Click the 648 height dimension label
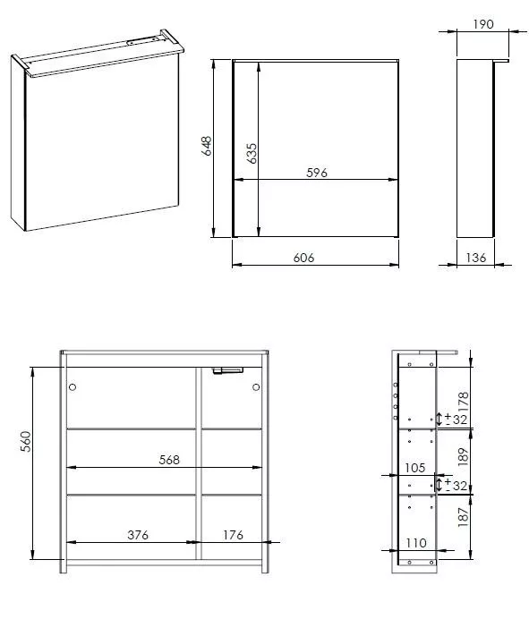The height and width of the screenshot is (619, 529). coord(207,146)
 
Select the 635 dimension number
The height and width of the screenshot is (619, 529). coord(252,153)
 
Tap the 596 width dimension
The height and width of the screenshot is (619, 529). coord(317,173)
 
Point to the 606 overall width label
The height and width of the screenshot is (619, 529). coord(303,258)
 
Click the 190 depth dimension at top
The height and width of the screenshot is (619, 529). coord(483,24)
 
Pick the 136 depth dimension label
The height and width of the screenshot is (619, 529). coord(475,258)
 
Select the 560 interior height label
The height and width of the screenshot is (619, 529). coord(25,441)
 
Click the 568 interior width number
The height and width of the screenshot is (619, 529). coord(169,460)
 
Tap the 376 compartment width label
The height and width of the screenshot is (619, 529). coord(138,535)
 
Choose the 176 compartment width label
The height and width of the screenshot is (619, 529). coord(233,535)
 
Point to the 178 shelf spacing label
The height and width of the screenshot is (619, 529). coord(463,401)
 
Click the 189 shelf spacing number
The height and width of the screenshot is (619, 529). coord(463,457)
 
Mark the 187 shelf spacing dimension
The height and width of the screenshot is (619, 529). coord(463,517)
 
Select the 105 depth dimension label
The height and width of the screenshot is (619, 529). coord(414,468)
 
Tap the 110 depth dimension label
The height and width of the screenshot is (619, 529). coord(416,543)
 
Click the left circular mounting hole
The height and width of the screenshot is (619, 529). coord(73,386)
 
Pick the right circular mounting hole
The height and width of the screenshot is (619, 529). coord(256,386)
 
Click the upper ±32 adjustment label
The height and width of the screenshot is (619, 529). coord(456,419)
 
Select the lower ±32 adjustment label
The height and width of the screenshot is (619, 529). coord(456,485)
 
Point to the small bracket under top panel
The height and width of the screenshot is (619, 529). coord(227,370)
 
